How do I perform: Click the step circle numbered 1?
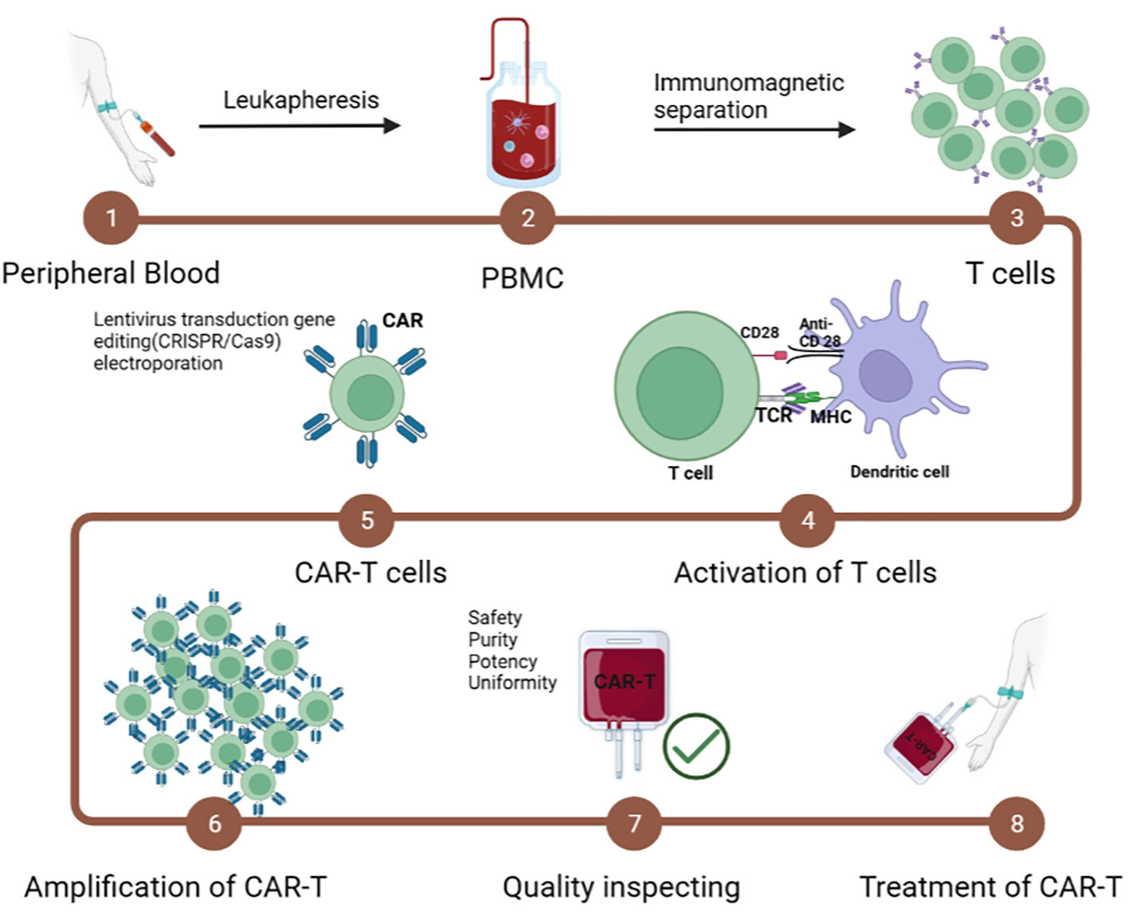[x=112, y=217]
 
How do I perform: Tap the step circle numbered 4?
[x=807, y=520]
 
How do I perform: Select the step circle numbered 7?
[x=634, y=823]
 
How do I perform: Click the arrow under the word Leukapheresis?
[x=300, y=126]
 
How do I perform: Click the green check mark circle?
[x=696, y=746]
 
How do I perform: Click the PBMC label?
[x=523, y=278]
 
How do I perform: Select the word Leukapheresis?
[x=300, y=100]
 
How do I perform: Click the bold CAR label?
[x=402, y=320]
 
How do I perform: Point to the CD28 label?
[x=759, y=332]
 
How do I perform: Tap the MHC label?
[x=830, y=417]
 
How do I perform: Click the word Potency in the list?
[x=502, y=661]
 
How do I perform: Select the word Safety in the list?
[x=495, y=617]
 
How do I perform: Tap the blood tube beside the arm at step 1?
[x=158, y=137]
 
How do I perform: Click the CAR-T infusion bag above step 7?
[x=624, y=685]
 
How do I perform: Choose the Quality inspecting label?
[x=621, y=887]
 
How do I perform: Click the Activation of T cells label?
[x=805, y=573]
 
